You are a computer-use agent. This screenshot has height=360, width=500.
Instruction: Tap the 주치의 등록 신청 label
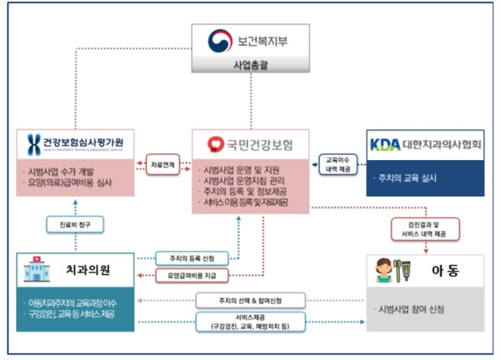184,256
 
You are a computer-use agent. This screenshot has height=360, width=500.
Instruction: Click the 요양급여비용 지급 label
186,273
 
